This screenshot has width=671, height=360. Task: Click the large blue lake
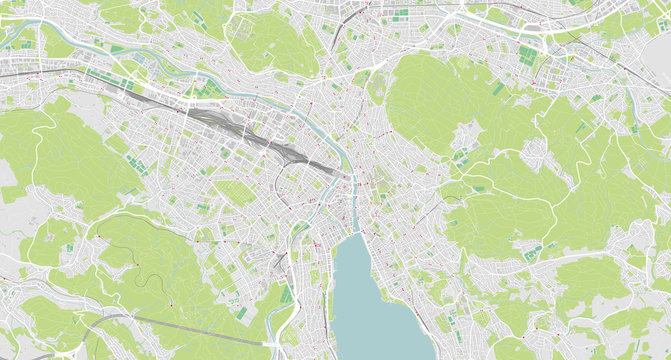375,300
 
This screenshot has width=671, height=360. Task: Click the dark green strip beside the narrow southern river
289,294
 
